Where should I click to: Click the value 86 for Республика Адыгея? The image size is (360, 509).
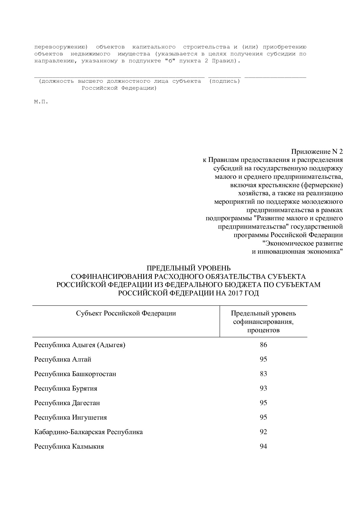tap(263, 345)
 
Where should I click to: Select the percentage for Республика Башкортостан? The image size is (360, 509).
tap(263, 374)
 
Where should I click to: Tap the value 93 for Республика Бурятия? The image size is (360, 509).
tap(263, 389)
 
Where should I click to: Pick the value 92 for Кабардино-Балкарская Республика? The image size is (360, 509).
tap(263, 432)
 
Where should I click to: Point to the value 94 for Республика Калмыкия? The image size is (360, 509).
tap(263, 447)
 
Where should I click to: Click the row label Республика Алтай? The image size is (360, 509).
tap(63, 360)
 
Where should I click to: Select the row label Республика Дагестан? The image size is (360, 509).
tap(67, 403)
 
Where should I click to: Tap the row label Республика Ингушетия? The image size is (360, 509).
tap(71, 418)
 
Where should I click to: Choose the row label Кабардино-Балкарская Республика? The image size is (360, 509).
tap(89, 432)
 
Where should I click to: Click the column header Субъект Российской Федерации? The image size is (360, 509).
tap(126, 313)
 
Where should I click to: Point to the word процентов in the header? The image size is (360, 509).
tap(263, 330)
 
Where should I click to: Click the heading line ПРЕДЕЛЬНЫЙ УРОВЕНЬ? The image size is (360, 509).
tap(188, 268)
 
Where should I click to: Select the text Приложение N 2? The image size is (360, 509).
tap(317, 152)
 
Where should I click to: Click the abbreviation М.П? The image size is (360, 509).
tap(41, 102)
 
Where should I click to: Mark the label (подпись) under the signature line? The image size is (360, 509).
tap(225, 81)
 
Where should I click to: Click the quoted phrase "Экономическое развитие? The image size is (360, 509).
tap(303, 243)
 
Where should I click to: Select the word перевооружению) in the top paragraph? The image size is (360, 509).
tap(61, 47)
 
